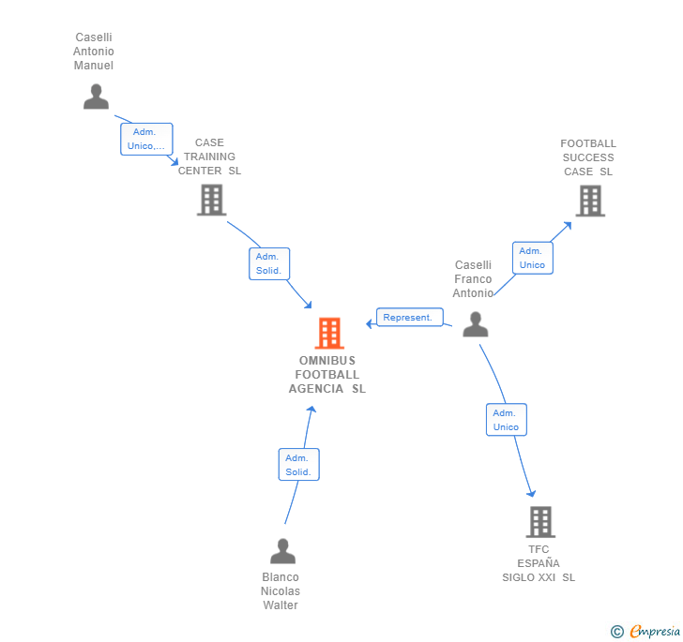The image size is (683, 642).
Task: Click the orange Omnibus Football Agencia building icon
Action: [328, 333]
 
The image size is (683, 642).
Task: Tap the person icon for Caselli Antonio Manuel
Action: [96, 97]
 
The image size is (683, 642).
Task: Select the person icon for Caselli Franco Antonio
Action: [476, 324]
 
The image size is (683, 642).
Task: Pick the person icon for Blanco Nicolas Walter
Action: [282, 551]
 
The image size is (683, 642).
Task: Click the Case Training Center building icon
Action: [211, 200]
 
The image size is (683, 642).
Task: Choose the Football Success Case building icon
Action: [589, 201]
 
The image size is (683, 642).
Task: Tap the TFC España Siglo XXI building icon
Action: [540, 522]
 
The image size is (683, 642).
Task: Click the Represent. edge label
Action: [409, 318]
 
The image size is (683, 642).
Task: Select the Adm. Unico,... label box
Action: [146, 139]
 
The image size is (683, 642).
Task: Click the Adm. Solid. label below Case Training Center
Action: [269, 263]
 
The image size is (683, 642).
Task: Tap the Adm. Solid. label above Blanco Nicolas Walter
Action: [298, 464]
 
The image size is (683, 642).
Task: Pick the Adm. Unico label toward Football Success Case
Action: [532, 258]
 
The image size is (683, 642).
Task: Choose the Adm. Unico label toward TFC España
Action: [506, 420]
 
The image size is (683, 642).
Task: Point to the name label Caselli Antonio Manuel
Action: [94, 52]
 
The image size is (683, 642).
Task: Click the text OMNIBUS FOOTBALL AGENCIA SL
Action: [327, 375]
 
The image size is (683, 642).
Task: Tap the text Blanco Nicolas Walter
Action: [281, 591]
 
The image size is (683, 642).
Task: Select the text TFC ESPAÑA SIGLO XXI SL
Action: [539, 563]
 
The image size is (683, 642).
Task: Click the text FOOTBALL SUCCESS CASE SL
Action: [588, 157]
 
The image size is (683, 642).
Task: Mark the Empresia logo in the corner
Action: [654, 631]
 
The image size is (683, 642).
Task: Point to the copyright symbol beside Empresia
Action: [617, 632]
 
